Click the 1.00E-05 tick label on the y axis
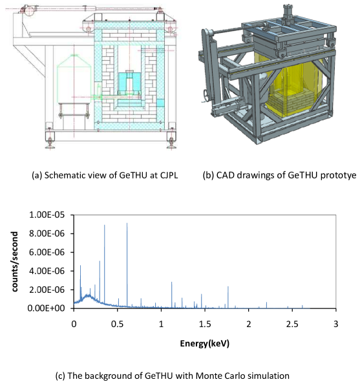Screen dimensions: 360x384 [47, 215]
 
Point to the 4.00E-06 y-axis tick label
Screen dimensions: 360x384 [47, 271]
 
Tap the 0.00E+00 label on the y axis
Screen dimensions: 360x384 [47, 308]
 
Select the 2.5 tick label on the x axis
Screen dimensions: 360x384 [292, 324]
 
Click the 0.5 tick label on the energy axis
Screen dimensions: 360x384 [117, 324]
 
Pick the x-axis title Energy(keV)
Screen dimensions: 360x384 [205, 343]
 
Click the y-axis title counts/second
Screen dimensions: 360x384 [15, 262]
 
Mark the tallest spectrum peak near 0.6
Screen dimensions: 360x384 [127, 264]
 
